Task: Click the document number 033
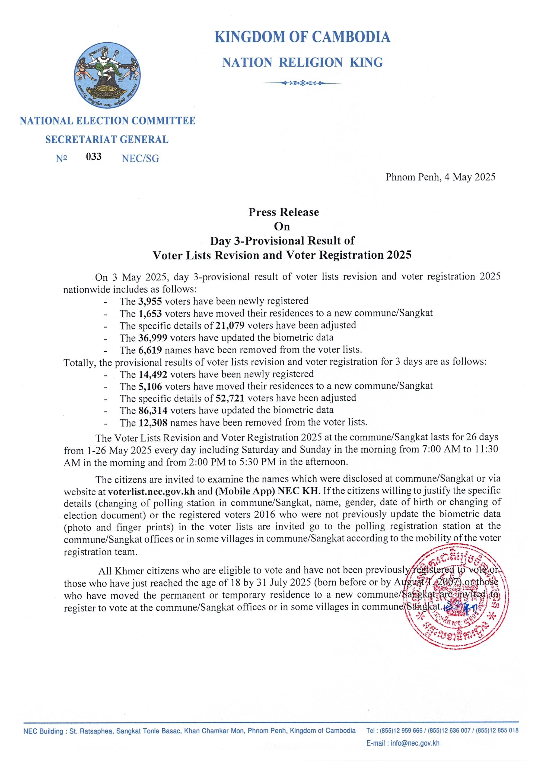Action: [94, 156]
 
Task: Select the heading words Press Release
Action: [284, 212]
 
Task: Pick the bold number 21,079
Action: [230, 325]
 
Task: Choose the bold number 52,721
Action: [230, 398]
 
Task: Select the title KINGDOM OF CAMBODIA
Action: [303, 36]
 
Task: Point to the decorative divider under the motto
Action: [303, 83]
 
